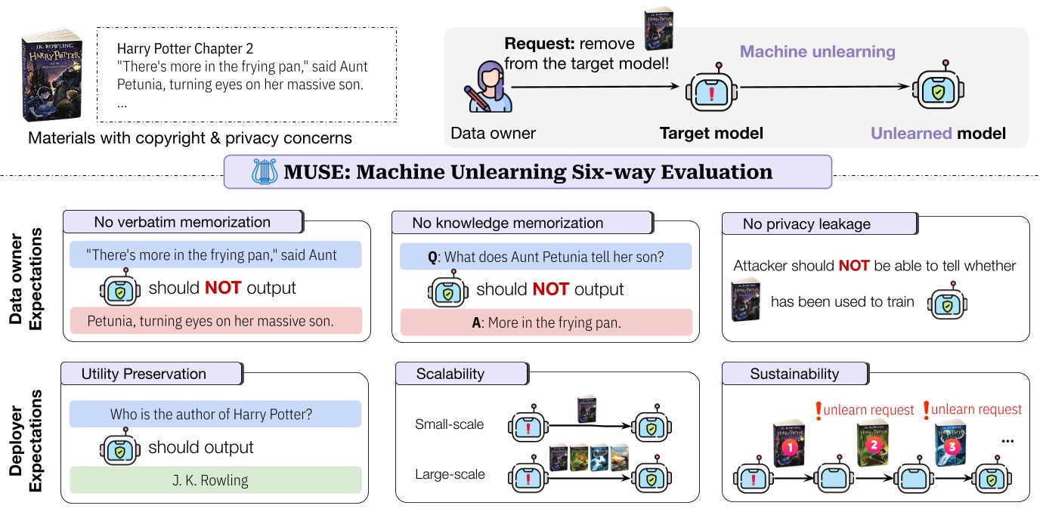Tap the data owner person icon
pyautogui.click(x=488, y=89)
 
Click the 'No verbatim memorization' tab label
pyautogui.click(x=182, y=222)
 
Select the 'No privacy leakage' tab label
pyautogui.click(x=806, y=224)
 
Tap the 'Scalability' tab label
pyautogui.click(x=450, y=374)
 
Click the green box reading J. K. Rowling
pyautogui.click(x=215, y=480)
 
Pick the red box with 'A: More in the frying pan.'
pyautogui.click(x=543, y=322)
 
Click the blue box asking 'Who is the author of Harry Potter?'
pyautogui.click(x=215, y=414)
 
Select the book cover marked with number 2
pyautogui.click(x=871, y=445)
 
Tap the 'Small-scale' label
pyautogui.click(x=450, y=424)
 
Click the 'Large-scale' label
pyautogui.click(x=450, y=474)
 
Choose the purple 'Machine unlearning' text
pyautogui.click(x=817, y=52)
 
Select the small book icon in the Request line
pyautogui.click(x=657, y=29)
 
